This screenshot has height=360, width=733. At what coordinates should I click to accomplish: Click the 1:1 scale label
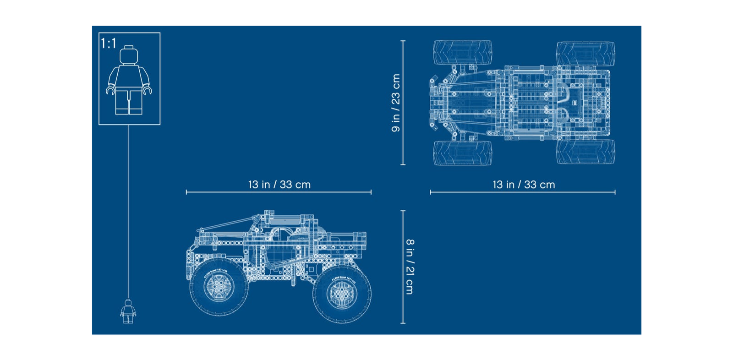[108, 43]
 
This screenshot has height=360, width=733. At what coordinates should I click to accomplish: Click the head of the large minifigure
[129, 55]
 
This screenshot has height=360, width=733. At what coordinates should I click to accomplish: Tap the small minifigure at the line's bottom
[128, 311]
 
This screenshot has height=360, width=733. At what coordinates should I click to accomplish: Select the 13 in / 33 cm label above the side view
[279, 185]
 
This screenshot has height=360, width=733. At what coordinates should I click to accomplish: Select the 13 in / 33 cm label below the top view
[524, 185]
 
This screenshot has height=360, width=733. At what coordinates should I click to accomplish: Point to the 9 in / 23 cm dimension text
[396, 103]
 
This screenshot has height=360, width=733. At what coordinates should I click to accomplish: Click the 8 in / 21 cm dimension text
[410, 267]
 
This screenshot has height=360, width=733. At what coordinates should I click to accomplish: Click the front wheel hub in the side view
[219, 287]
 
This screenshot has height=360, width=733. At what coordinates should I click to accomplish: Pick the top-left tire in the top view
[462, 52]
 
